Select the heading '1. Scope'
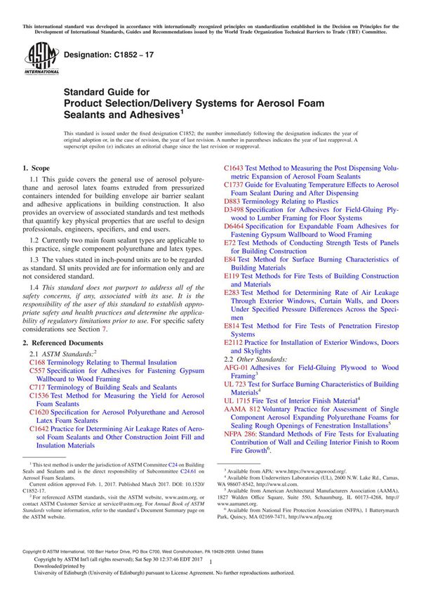pyautogui.click(x=36, y=169)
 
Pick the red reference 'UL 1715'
pyautogui.click(x=239, y=400)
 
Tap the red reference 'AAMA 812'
pyautogui.click(x=242, y=408)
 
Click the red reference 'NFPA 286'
pyautogui.click(x=242, y=433)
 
